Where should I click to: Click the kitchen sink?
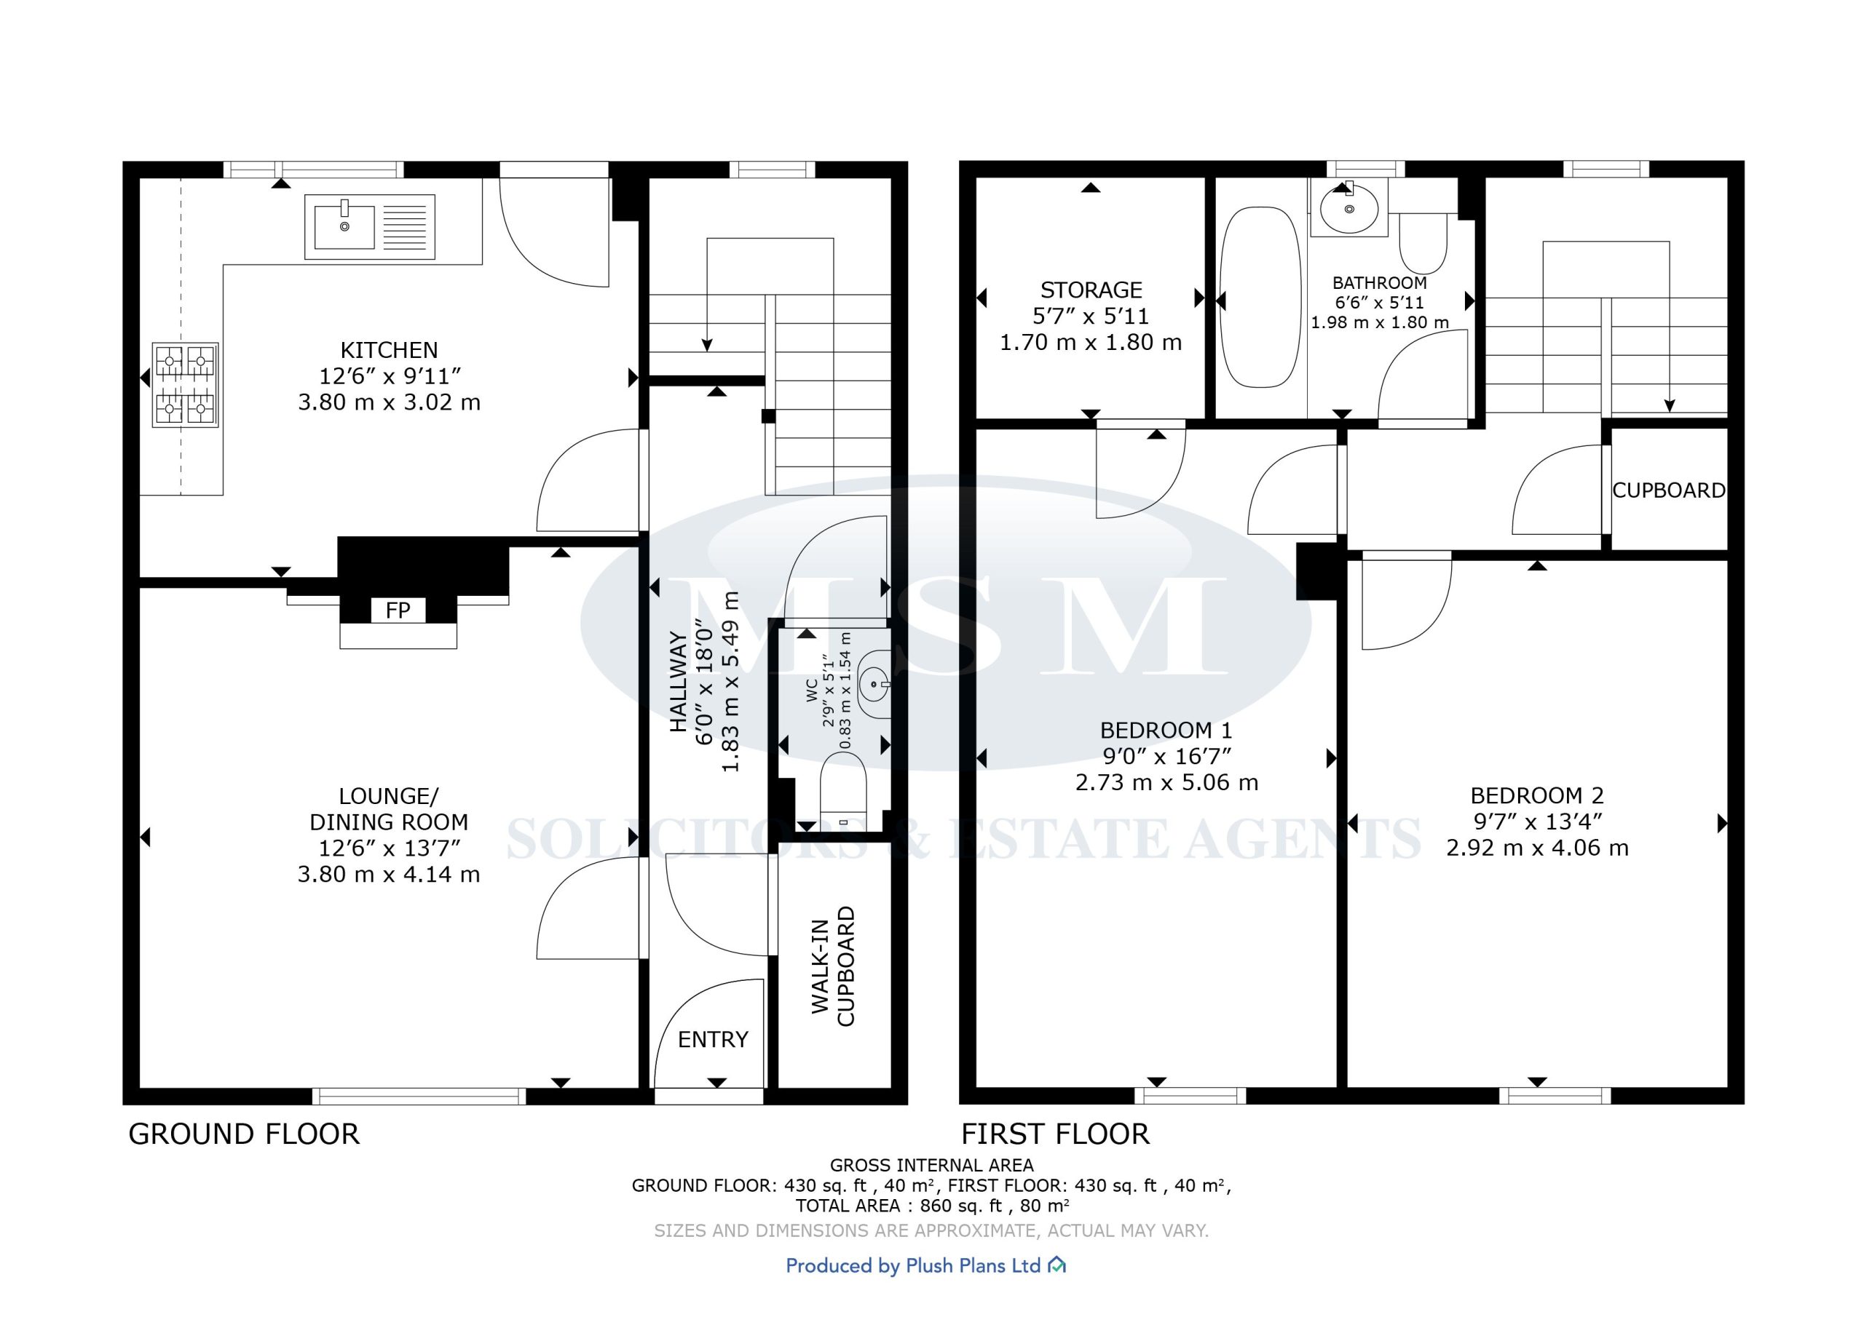tap(369, 226)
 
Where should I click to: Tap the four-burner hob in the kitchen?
tap(185, 385)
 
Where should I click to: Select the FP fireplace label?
tap(398, 610)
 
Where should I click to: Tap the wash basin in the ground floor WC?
tap(874, 685)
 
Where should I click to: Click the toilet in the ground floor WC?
tap(843, 791)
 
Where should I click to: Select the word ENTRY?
tap(713, 1040)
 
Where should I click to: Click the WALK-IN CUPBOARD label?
tap(833, 966)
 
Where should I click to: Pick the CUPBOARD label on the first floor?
tap(1668, 491)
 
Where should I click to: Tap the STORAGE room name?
tap(1091, 290)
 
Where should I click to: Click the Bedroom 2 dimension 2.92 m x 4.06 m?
tap(1537, 848)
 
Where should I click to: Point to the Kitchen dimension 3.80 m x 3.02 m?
tap(389, 402)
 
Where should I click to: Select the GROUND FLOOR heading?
tap(243, 1134)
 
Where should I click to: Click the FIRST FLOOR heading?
tap(1055, 1134)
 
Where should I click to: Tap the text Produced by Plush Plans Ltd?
tap(913, 1265)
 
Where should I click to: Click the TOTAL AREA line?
tap(932, 1206)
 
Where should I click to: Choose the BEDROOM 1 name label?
tap(1166, 731)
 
